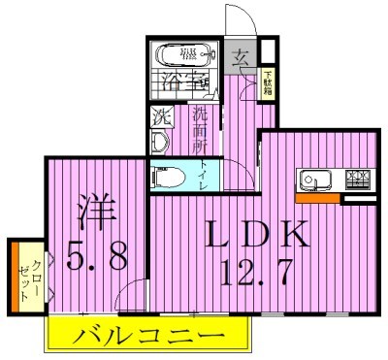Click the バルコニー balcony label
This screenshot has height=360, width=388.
coord(146,339)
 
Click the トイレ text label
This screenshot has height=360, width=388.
coord(203,176)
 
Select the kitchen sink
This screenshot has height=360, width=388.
coord(314,180)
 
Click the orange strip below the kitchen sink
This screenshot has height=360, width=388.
coord(317,199)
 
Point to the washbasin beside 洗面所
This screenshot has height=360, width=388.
coord(162,142)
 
